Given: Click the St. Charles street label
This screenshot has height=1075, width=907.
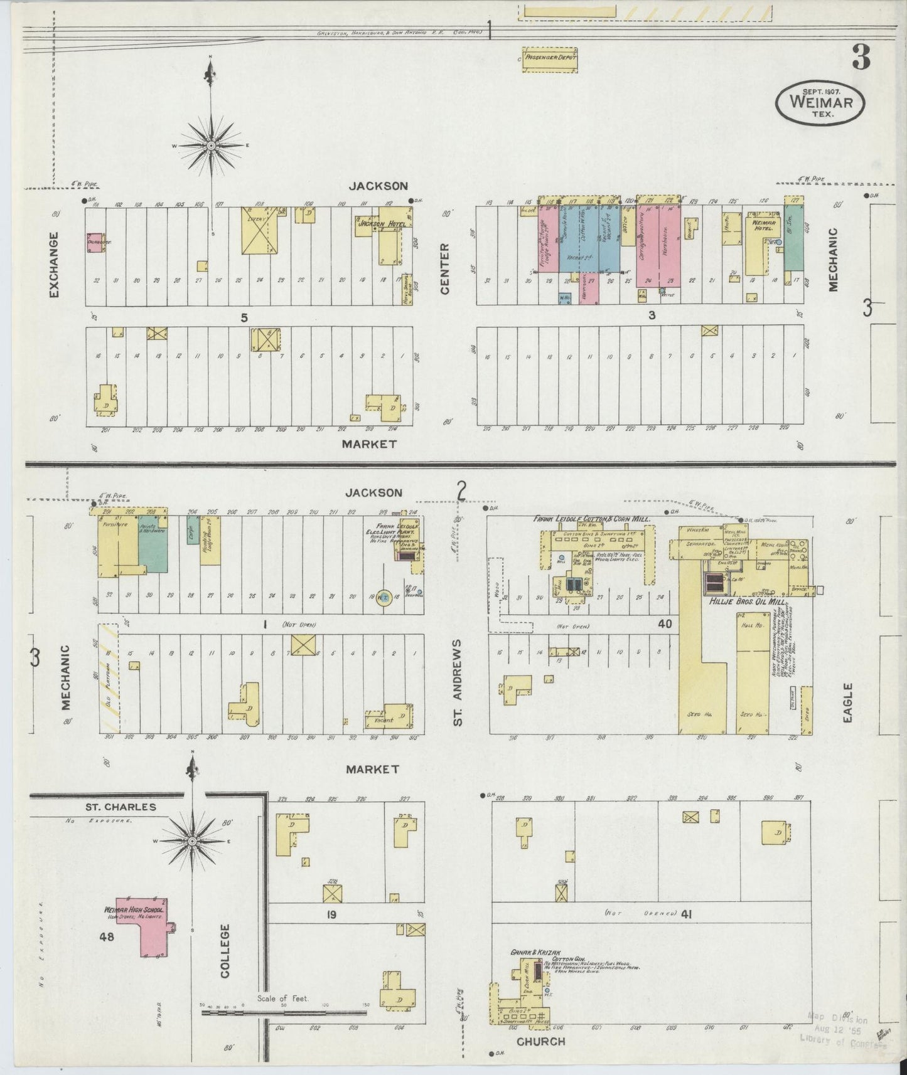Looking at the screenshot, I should coord(121,807).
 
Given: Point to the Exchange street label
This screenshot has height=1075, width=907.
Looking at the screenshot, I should coord(53,265).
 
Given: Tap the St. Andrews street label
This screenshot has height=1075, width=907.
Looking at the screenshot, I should coord(459,682).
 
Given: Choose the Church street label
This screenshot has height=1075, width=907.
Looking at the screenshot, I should coord(540,1042).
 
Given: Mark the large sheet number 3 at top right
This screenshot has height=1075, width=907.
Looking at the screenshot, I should coord(861,58).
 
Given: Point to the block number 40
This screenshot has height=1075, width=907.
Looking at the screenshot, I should coord(665,624).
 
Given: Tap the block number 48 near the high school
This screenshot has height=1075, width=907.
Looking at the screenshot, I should coord(105,937).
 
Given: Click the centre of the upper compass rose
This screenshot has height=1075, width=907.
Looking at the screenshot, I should coord(211,146).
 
